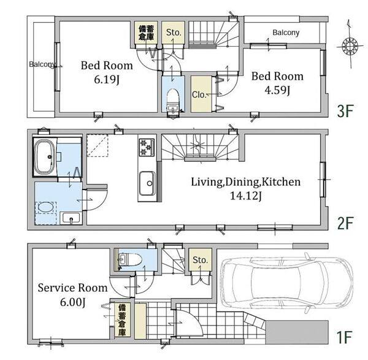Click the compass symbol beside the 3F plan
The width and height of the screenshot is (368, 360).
350,45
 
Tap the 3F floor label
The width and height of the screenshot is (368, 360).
345,111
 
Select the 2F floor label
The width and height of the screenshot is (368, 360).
345,223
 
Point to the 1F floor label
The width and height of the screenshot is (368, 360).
344,337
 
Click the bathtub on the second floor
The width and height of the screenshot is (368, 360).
45,157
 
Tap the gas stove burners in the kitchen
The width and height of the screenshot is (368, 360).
147,147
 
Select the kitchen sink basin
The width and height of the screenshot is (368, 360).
147,183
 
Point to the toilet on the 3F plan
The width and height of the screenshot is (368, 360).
173,99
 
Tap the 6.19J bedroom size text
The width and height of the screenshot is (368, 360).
107,80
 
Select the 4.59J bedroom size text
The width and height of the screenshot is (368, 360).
277,90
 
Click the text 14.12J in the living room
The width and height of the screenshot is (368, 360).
246,195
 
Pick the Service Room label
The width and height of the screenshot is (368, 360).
73,288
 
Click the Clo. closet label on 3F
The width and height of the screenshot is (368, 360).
199,94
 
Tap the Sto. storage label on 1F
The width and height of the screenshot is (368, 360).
200,260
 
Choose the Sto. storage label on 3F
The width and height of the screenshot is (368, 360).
174,32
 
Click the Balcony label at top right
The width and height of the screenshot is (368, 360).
286,33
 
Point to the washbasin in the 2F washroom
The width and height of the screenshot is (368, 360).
71,218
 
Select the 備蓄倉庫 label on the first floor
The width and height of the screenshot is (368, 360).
122,320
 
